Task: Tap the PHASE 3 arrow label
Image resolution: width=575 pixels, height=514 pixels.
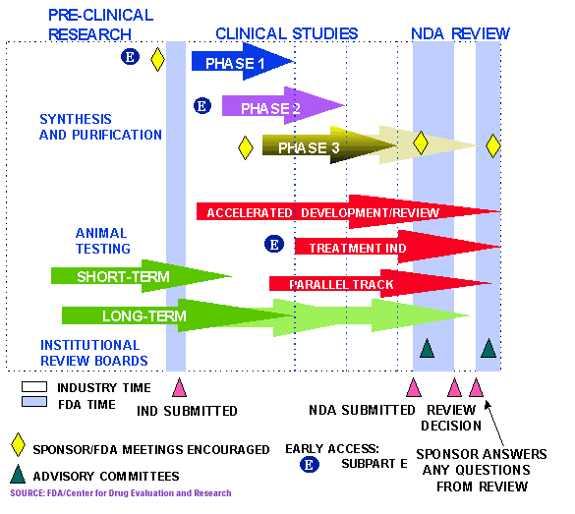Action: click(309, 148)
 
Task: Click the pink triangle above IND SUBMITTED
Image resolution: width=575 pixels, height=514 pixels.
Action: click(178, 387)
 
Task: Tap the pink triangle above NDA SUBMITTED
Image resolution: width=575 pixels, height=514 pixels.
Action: click(414, 387)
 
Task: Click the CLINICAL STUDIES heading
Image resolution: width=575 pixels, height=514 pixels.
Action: click(286, 33)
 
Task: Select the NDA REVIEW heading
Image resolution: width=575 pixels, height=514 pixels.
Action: click(460, 33)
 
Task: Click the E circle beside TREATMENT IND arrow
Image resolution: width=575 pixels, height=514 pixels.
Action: click(274, 245)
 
